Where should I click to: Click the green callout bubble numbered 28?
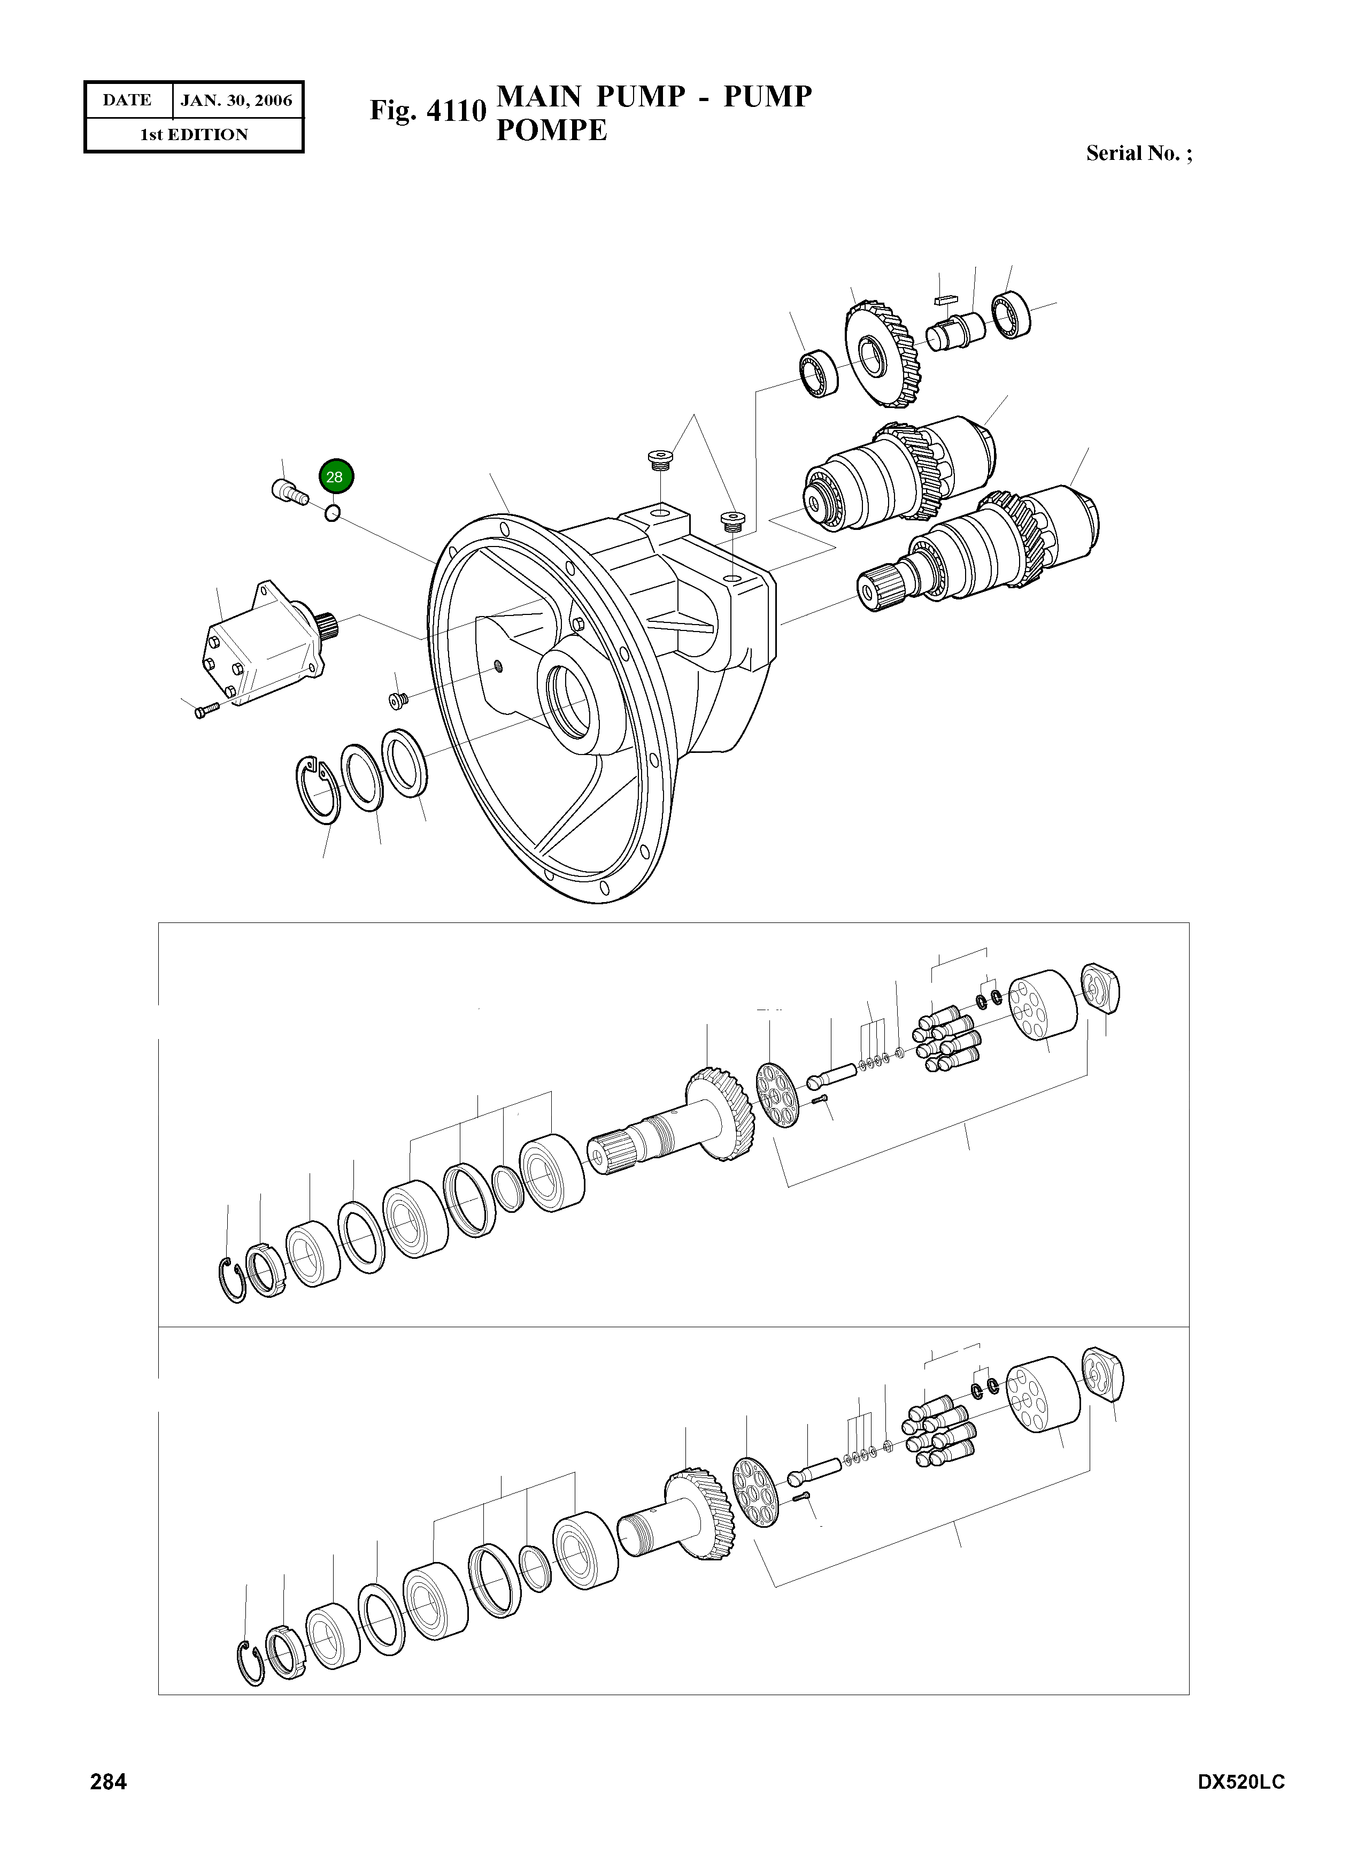click(x=335, y=477)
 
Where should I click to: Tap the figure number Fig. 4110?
click(x=427, y=110)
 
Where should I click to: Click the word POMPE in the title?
click(x=551, y=130)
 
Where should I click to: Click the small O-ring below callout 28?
click(x=332, y=513)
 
